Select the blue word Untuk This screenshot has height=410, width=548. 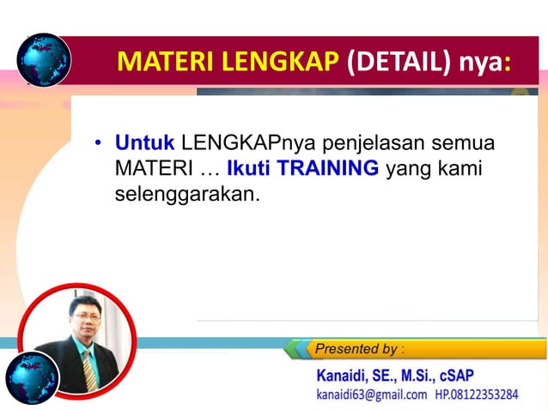(x=145, y=142)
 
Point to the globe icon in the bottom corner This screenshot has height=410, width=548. (x=32, y=378)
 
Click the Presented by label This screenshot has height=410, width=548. (x=359, y=349)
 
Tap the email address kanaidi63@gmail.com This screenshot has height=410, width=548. (x=371, y=395)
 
